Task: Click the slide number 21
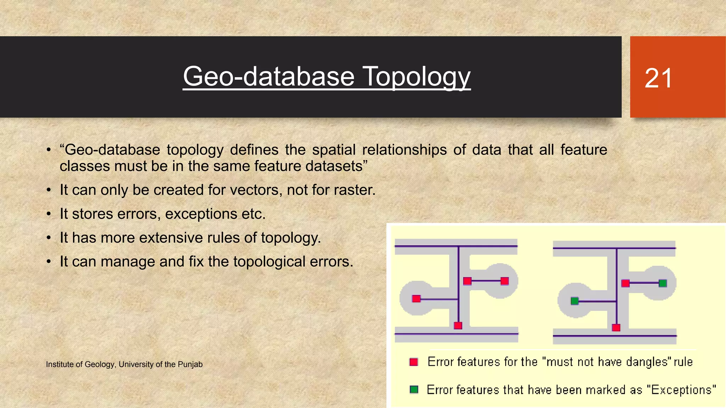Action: (x=658, y=78)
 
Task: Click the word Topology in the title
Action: (x=417, y=76)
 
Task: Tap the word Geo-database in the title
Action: (x=269, y=76)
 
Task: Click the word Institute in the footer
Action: (x=59, y=364)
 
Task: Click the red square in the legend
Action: (x=414, y=362)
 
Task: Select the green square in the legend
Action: (x=414, y=390)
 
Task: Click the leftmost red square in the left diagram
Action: (x=417, y=299)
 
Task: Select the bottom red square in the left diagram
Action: (x=458, y=325)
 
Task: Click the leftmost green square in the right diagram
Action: (x=575, y=301)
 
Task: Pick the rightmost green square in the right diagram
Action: (x=663, y=283)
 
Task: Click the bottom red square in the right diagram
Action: (x=616, y=328)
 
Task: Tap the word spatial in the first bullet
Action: (x=334, y=150)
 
